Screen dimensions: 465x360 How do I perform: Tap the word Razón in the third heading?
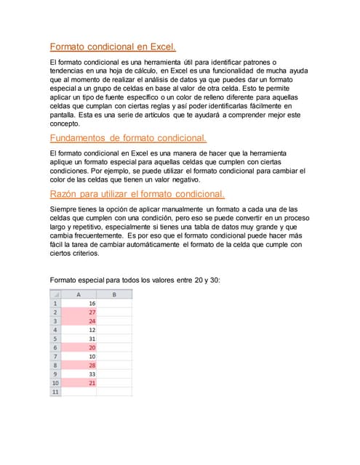click(63, 194)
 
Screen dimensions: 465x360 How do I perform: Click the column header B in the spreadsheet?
click(115, 294)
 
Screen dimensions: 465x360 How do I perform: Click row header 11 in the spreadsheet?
click(55, 392)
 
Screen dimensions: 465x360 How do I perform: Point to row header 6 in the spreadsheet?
click(55, 347)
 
